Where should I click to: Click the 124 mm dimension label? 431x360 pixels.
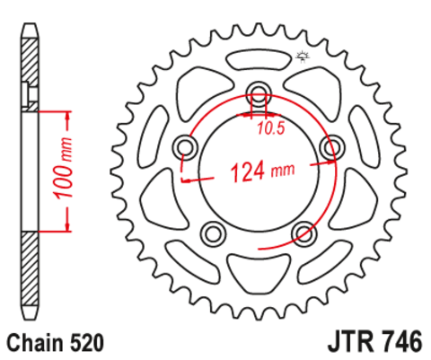point(262,171)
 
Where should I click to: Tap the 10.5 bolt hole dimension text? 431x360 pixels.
point(270,128)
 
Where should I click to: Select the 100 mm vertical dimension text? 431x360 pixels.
point(63,168)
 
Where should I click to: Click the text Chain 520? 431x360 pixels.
point(56,343)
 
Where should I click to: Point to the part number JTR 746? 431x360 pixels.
point(375,341)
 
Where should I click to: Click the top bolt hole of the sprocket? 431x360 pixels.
point(259,93)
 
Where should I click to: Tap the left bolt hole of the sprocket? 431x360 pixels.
point(185,147)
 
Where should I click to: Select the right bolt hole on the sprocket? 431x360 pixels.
point(332,147)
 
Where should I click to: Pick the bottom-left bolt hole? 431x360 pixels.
point(213,233)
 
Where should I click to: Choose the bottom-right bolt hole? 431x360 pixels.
point(304,233)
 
